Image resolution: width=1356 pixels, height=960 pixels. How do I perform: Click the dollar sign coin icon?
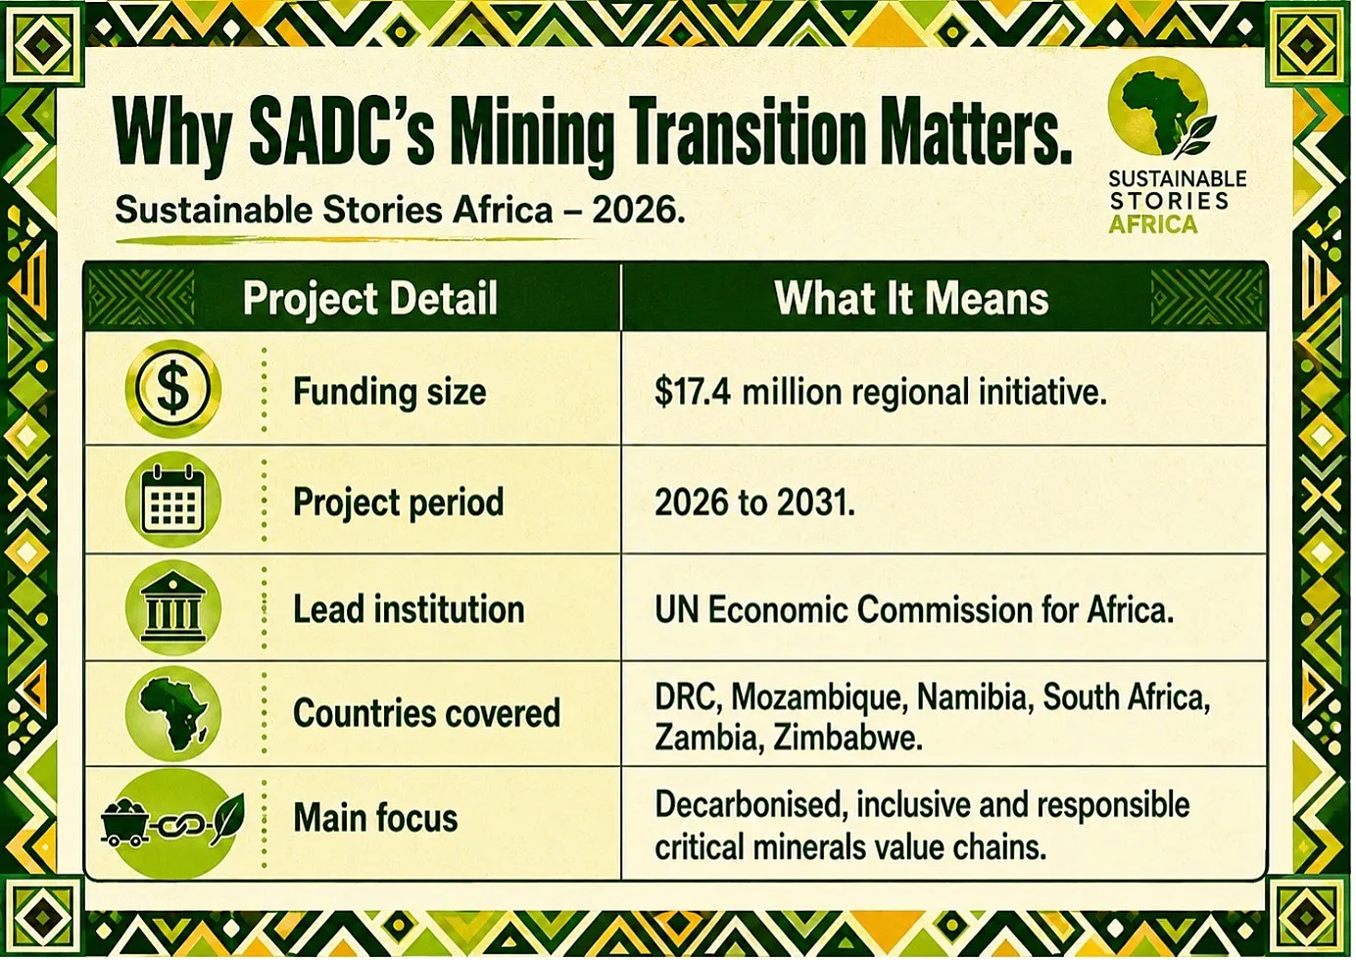tap(173, 389)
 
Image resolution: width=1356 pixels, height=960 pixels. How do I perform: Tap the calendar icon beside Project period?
tap(173, 499)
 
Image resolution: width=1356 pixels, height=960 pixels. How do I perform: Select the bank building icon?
tap(173, 607)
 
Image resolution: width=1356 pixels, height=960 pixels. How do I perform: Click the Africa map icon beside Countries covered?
tap(173, 713)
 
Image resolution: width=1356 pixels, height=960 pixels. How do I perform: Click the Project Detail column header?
tap(370, 299)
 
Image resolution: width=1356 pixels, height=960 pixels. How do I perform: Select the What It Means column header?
tap(911, 298)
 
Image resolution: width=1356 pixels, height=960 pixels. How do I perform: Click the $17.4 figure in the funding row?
tap(693, 392)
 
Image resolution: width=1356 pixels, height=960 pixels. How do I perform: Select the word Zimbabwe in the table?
tap(847, 738)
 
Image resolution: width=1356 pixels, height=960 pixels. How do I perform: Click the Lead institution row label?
tap(409, 609)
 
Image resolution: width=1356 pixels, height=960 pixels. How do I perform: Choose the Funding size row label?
tap(389, 392)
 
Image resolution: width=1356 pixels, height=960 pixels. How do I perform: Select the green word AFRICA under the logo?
tap(1152, 224)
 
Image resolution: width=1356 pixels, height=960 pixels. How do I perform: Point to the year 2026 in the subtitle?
tap(638, 210)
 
